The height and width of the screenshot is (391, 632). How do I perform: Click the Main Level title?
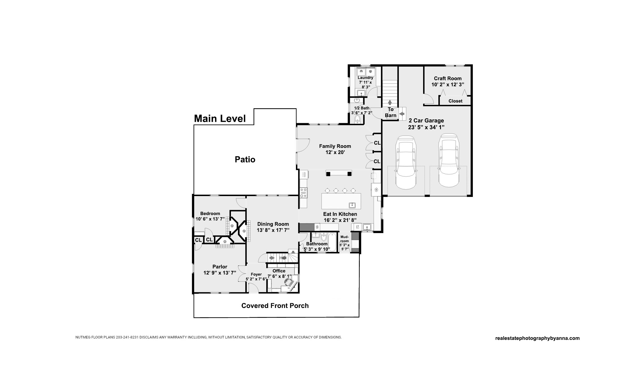pos(220,119)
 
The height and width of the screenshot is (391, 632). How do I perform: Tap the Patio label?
pos(245,160)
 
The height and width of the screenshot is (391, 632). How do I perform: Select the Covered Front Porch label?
pos(275,306)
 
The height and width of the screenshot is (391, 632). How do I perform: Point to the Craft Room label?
pos(448,78)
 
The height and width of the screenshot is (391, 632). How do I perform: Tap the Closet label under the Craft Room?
pos(455,101)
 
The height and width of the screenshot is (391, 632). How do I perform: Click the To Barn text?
pos(391,112)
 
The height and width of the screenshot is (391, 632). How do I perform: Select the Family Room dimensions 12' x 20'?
pos(335,152)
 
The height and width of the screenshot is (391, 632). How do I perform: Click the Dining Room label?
pos(273,224)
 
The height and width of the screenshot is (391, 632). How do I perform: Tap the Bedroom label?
pos(210,214)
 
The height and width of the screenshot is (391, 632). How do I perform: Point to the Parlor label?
pos(220,267)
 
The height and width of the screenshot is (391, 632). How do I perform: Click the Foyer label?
pos(256,274)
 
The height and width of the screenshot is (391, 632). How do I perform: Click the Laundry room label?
pos(365,78)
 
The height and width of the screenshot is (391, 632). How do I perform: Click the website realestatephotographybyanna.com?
pos(537,338)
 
